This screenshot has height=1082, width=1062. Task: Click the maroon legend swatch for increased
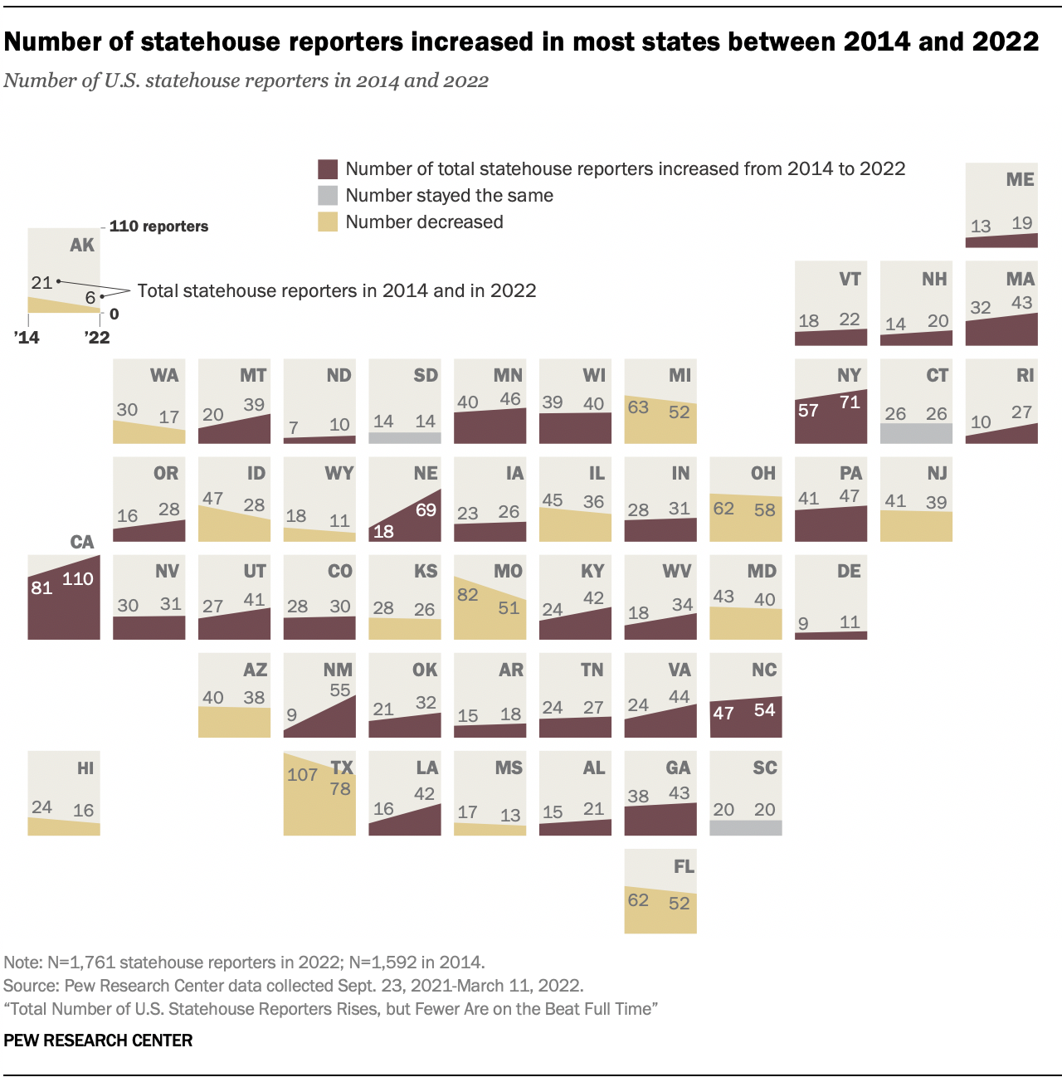pos(328,169)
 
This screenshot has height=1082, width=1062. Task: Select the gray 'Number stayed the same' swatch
pos(328,196)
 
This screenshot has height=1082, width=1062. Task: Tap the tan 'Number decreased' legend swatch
pos(328,222)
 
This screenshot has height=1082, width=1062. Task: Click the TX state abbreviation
pos(342,768)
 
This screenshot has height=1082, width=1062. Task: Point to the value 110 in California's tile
pos(78,579)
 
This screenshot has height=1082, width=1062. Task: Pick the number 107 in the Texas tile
pos(302,775)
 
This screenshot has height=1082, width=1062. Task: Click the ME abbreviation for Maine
pos(1020,180)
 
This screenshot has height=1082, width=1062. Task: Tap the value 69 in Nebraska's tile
pos(426,509)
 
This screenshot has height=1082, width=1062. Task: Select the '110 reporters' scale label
pos(159,227)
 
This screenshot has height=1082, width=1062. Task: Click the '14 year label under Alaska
pos(27,338)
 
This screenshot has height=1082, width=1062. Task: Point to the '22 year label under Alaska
pos(97,338)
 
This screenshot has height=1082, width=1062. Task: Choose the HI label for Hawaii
pos(85,768)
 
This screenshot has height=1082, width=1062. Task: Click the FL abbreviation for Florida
pos(684,866)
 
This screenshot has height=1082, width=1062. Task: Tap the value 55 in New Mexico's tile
pos(340,690)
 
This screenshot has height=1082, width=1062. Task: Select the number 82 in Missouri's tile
pos(468,594)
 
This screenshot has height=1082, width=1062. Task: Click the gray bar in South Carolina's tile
pos(746,827)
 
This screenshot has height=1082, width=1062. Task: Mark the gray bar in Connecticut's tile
pos(916,433)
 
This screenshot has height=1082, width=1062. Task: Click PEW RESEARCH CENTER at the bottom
pos(98,1041)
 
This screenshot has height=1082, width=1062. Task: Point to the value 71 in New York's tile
pos(850,402)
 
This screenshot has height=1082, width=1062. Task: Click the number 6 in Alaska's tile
pos(90,297)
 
